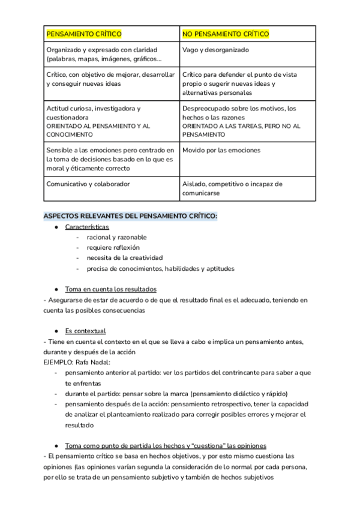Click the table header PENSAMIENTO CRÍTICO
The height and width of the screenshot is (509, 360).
(x=84, y=34)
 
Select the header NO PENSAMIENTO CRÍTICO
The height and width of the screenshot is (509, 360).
(x=226, y=34)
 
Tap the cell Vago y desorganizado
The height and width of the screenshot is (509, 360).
(x=215, y=50)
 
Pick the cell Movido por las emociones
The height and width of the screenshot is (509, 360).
(x=221, y=149)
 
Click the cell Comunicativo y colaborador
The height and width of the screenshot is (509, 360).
(x=88, y=184)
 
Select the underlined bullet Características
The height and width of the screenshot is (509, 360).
(x=87, y=227)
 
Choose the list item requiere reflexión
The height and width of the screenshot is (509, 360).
(x=113, y=247)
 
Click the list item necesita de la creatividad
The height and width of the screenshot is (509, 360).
(x=124, y=258)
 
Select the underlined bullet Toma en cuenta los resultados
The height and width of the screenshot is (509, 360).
(x=110, y=289)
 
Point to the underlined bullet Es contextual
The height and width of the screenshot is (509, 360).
(x=85, y=331)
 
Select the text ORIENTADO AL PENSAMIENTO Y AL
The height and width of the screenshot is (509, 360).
(x=98, y=127)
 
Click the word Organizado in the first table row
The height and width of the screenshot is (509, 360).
(x=65, y=50)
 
